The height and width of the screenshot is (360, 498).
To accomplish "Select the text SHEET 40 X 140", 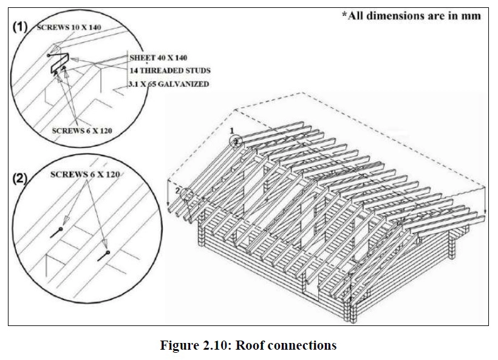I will pos(158,58).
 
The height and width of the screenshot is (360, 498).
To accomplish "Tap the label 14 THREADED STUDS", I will pos(166,70).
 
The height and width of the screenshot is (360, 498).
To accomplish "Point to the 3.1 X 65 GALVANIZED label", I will pos(169,84).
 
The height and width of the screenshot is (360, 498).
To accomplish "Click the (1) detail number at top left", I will pos(22,27).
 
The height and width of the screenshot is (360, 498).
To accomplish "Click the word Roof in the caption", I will pos(250,345).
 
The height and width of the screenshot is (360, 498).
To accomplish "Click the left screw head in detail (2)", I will pos(60,229).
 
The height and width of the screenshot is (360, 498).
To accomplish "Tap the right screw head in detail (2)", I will pos(107,253).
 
